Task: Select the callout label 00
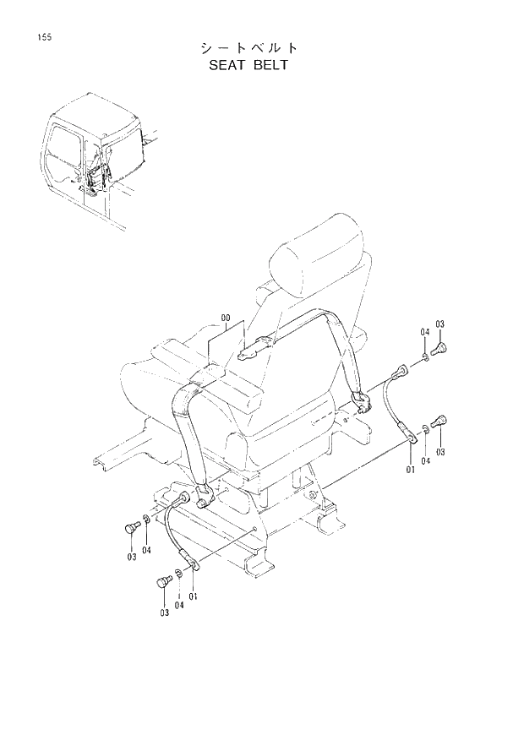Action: coord(226,318)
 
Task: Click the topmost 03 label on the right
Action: coord(439,324)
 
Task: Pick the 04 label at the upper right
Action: coord(425,334)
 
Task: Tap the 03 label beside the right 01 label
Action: coord(440,452)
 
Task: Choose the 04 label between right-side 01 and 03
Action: coord(426,460)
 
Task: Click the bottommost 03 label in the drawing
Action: coord(163,612)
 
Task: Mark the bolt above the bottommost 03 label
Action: coord(163,583)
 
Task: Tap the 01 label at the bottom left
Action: coord(194,596)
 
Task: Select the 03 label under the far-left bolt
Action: coord(131,557)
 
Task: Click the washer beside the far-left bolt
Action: coord(146,518)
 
